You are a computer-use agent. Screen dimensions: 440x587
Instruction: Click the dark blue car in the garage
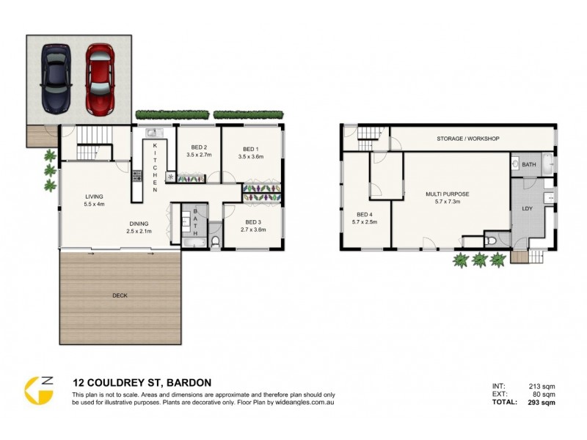[x=56, y=78]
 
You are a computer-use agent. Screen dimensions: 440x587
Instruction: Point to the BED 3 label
[x=253, y=221]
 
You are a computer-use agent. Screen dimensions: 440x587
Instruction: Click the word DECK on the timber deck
[x=120, y=295]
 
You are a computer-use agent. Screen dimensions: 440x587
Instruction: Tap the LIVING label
[x=93, y=197]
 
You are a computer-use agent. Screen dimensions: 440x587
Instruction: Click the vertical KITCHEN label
[x=155, y=168]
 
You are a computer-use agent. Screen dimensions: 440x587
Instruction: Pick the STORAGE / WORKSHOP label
[x=468, y=139]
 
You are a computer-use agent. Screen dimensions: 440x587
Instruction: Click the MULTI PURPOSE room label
[x=447, y=194]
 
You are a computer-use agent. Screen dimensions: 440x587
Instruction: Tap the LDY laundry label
[x=526, y=208]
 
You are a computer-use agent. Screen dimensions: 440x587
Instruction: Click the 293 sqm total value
[x=542, y=403]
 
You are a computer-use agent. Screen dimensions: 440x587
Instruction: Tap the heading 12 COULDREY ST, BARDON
[x=142, y=382]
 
